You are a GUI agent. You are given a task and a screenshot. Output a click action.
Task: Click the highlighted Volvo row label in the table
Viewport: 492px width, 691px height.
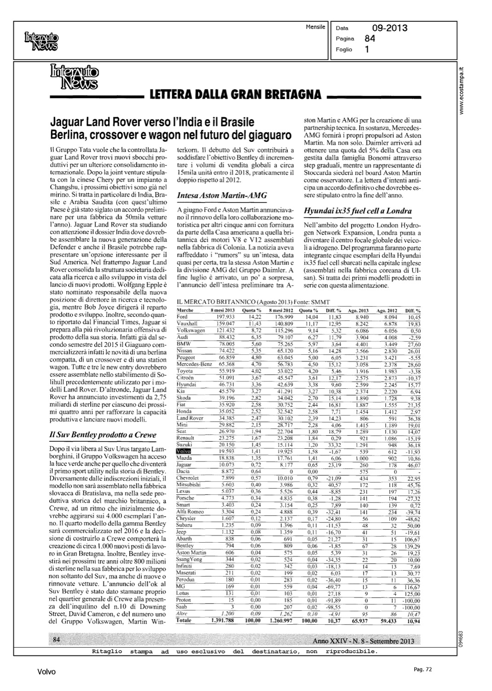click(184, 451)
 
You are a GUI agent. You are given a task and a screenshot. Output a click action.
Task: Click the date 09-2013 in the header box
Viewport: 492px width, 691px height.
click(390, 29)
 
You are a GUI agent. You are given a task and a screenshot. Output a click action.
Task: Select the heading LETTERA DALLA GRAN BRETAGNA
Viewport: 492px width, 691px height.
click(235, 95)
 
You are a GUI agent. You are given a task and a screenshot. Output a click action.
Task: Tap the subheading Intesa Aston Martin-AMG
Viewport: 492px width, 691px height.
click(222, 195)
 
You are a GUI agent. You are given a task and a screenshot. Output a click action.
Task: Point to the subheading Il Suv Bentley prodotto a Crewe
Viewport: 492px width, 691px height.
click(103, 434)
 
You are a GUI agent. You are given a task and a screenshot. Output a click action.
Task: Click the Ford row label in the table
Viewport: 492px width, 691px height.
click(182, 317)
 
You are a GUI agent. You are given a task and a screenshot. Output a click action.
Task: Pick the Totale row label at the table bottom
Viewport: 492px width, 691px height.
click(184, 621)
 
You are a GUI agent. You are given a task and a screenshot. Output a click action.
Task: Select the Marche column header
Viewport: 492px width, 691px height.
click(185, 311)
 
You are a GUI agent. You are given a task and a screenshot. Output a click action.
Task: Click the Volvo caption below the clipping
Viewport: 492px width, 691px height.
click(46, 672)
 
